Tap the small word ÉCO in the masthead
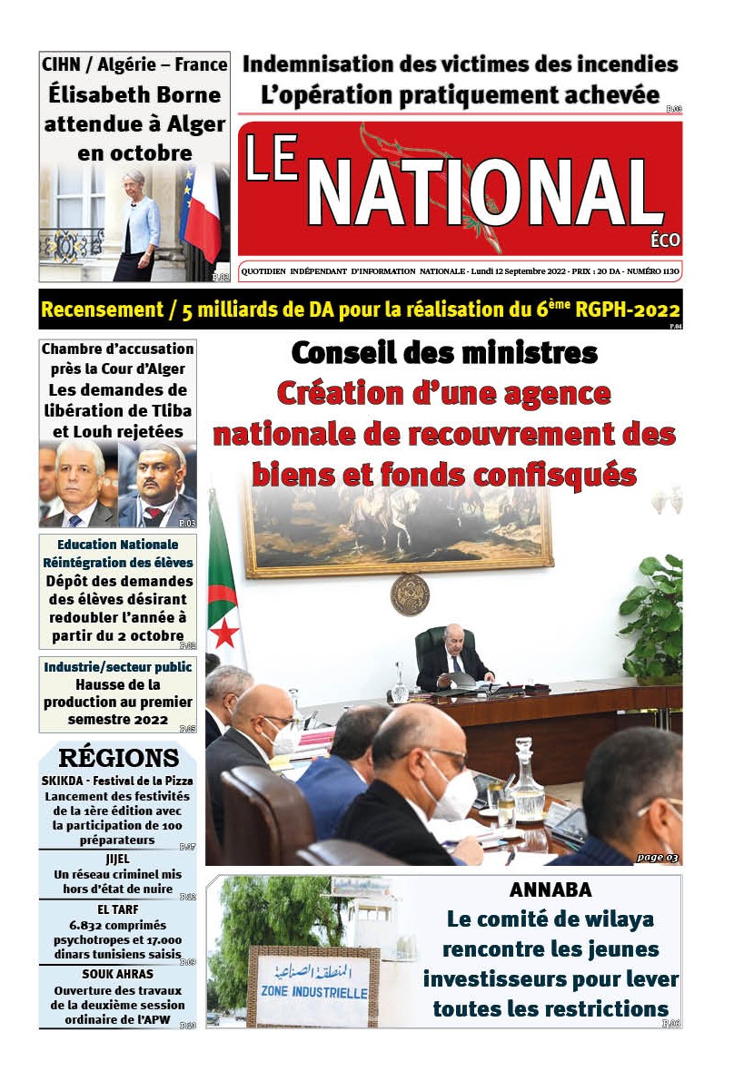click(665, 241)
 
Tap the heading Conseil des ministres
click(444, 351)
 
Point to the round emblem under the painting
click(410, 594)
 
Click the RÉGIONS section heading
click(118, 758)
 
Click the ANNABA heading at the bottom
click(550, 889)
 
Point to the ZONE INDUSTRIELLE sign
click(313, 988)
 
